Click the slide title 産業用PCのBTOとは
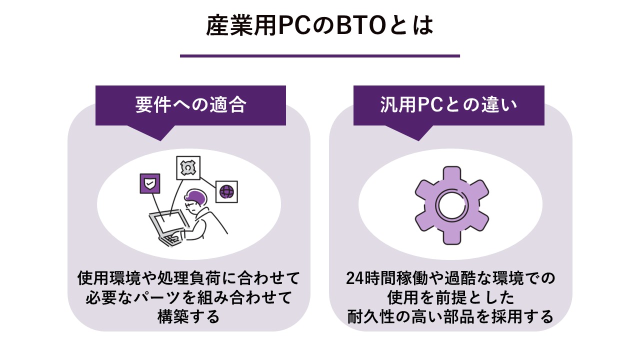tap(319, 25)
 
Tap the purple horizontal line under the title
tap(319, 56)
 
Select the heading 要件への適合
tap(190, 105)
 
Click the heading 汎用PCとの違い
tap(448, 105)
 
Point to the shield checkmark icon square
tap(150, 183)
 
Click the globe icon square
tap(226, 191)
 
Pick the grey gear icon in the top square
tap(188, 167)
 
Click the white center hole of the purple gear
tap(451, 205)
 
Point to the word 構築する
tap(188, 316)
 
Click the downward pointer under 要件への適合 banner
tap(161, 132)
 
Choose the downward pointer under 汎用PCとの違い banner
tap(419, 132)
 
